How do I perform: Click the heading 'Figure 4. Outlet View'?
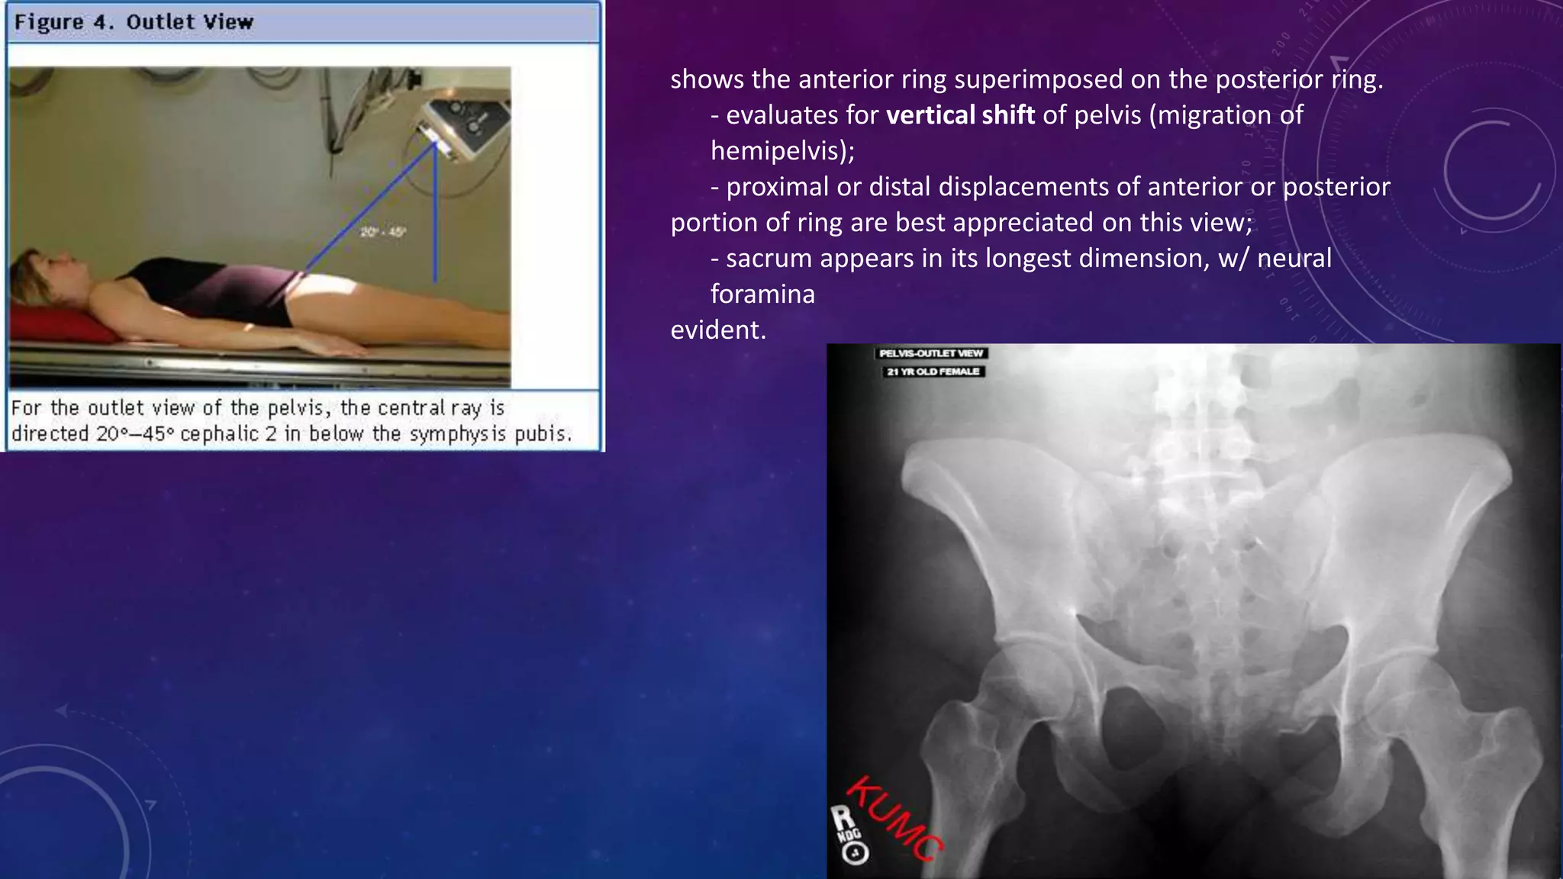[x=134, y=22]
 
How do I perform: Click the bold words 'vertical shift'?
[x=960, y=115]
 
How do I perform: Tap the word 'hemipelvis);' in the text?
[x=782, y=151]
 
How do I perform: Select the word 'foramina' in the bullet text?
[x=762, y=294]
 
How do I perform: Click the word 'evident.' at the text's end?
[x=718, y=330]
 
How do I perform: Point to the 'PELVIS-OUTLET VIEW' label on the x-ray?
[x=930, y=353]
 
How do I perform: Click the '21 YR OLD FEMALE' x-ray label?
[x=932, y=372]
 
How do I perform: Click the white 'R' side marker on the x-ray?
[x=843, y=818]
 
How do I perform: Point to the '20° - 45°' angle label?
[x=382, y=231]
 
